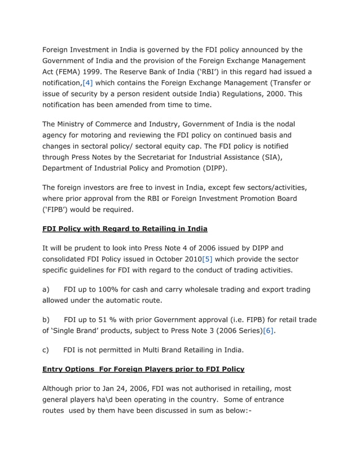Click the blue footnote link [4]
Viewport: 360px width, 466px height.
click(87, 83)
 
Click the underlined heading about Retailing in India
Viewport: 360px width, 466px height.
click(125, 228)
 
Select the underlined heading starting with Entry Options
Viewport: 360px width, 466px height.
click(143, 370)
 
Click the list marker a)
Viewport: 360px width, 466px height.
click(47, 289)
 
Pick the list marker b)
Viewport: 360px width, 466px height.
click(47, 320)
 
